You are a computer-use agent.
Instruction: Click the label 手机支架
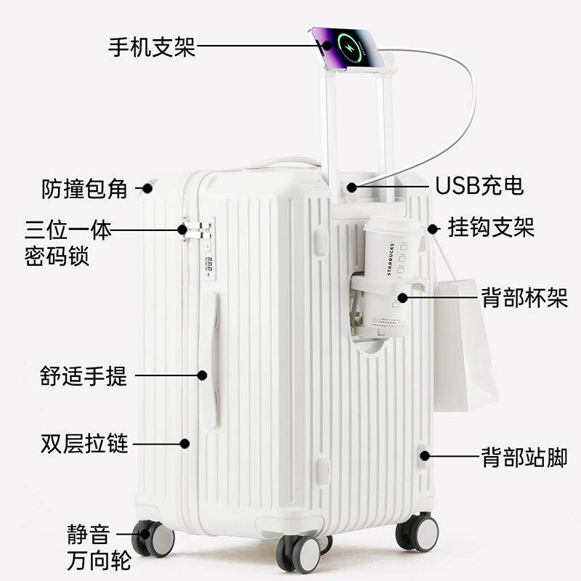pos(151,47)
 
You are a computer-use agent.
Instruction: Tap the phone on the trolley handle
pos(346,47)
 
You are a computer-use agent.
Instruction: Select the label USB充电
pos(479,186)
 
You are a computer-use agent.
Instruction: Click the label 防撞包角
pos(84,189)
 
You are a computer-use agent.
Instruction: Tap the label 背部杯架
pos(524,297)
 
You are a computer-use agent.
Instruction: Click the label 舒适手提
pos(84,375)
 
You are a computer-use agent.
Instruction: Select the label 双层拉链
pos(84,443)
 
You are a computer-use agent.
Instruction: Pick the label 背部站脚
pos(524,457)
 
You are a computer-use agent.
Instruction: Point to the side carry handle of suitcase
pos(209,359)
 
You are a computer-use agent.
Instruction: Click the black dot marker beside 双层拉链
pos(185,443)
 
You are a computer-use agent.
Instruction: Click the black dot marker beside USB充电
pos(352,187)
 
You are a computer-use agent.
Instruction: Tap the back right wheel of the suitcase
pos(418,532)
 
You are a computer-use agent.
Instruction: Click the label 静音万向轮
pos(89,549)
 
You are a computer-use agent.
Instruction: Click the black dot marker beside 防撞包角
pos(147,188)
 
